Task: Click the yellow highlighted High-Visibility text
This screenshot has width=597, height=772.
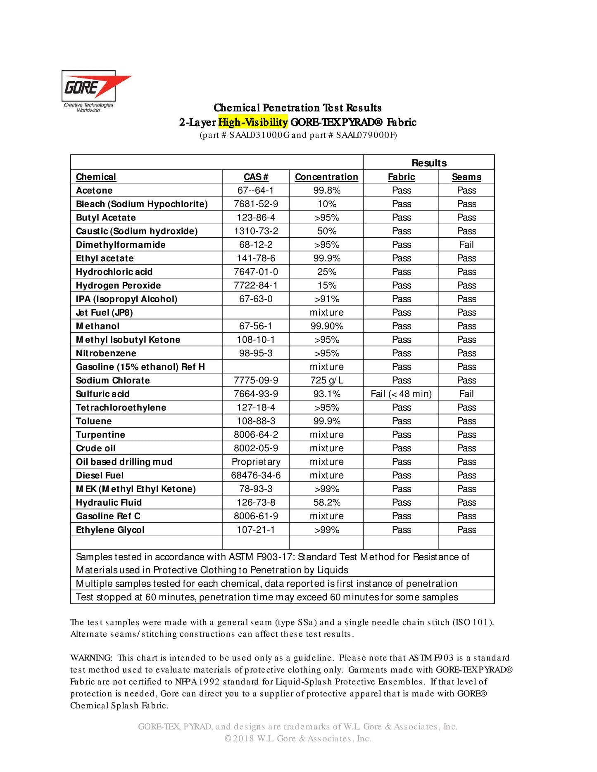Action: point(253,122)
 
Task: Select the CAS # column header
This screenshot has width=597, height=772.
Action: point(256,177)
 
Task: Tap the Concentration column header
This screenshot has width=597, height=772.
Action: point(326,177)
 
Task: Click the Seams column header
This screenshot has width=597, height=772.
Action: point(466,177)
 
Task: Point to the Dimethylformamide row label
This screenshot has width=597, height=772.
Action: point(121,245)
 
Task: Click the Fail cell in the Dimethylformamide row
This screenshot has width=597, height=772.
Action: point(466,245)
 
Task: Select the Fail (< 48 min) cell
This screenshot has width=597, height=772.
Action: point(401,394)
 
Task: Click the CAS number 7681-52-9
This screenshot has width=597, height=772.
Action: point(256,204)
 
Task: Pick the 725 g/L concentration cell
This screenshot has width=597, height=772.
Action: point(326,380)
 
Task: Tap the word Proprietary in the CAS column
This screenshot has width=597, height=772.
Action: point(256,462)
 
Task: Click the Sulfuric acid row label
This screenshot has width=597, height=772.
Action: point(103,394)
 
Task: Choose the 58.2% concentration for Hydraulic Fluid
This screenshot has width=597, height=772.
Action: point(326,502)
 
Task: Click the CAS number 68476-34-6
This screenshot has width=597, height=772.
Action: point(256,475)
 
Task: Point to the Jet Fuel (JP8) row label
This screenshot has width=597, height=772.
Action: point(105,313)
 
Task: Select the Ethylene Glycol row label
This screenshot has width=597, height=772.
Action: point(110,530)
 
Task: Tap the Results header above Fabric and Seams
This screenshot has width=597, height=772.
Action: point(429,163)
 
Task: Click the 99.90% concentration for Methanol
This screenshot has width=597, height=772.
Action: point(326,326)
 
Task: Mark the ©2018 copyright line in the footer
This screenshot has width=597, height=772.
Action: point(298,739)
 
